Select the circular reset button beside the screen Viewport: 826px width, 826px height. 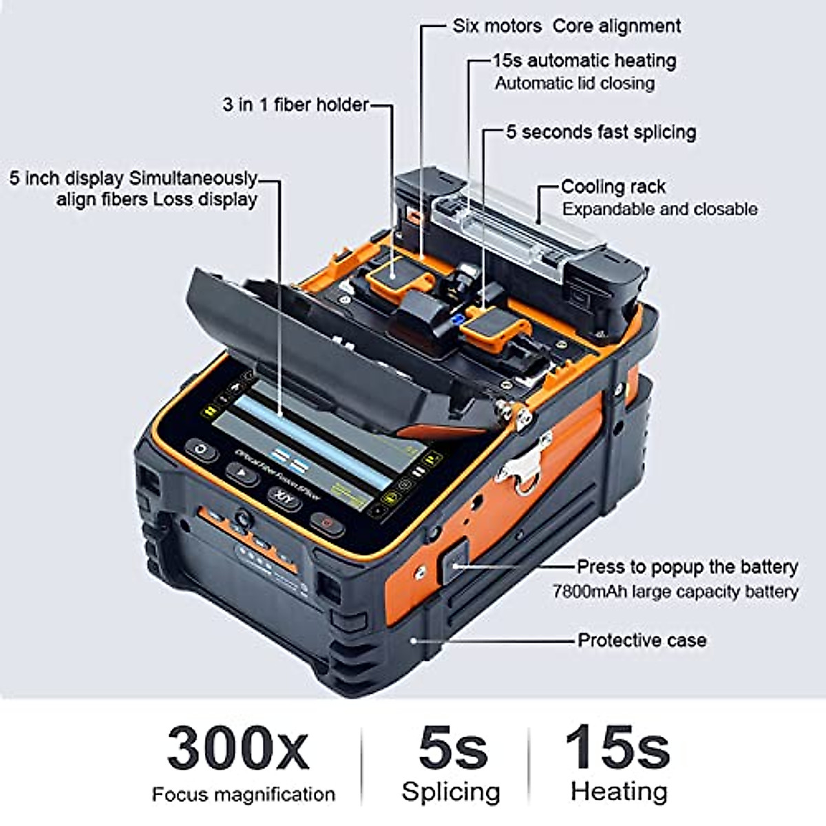(x=201, y=449)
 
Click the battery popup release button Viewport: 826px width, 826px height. (x=454, y=563)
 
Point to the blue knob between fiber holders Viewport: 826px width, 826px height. (x=456, y=319)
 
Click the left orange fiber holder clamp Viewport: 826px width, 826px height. (x=393, y=277)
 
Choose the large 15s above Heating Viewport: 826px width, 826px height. (x=617, y=747)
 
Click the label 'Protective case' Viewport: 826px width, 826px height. (x=642, y=640)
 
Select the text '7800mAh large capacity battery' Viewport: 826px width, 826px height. (x=675, y=592)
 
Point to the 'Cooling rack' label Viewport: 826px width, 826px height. (x=613, y=187)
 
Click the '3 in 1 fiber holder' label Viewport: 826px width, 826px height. (x=295, y=105)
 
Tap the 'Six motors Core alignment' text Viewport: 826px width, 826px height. (x=566, y=26)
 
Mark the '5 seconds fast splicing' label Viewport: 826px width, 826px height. (x=601, y=131)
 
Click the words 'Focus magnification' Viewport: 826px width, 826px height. (x=243, y=794)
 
